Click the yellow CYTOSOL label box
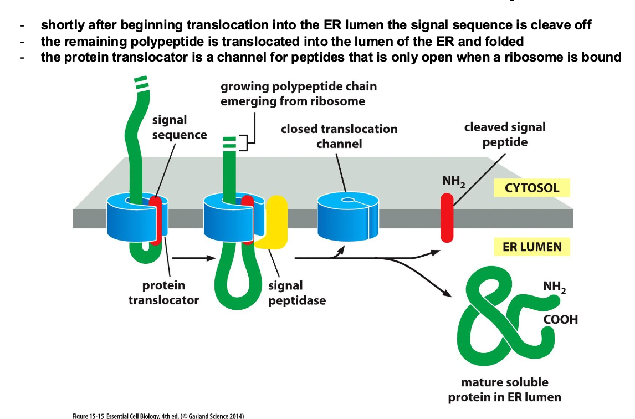point(532,188)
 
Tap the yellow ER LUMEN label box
point(531,247)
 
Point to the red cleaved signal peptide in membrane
point(447,217)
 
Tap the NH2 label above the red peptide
point(453,181)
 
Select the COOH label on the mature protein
point(560,320)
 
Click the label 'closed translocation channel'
point(339,136)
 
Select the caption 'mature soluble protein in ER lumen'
point(504,390)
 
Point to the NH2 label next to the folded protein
point(555,288)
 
